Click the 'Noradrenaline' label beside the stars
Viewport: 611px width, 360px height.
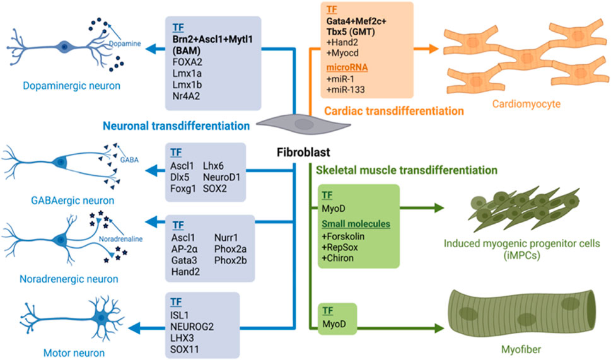[x=119, y=239]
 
